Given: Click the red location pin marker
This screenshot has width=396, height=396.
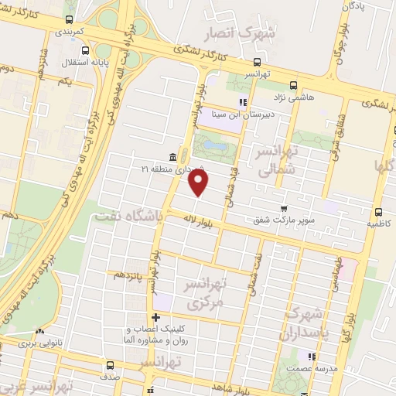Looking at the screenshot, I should point(199,183).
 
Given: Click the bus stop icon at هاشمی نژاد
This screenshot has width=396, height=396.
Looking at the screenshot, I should point(292,86).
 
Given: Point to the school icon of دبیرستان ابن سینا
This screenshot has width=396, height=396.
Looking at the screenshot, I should point(242,101).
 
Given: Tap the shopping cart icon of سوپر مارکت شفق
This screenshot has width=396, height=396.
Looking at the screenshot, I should point(285,208).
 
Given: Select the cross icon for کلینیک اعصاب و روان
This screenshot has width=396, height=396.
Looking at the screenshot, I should point(155,317).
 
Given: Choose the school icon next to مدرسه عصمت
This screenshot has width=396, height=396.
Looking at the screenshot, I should point(312,357).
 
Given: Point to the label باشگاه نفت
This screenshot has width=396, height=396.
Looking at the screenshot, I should point(128,217).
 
